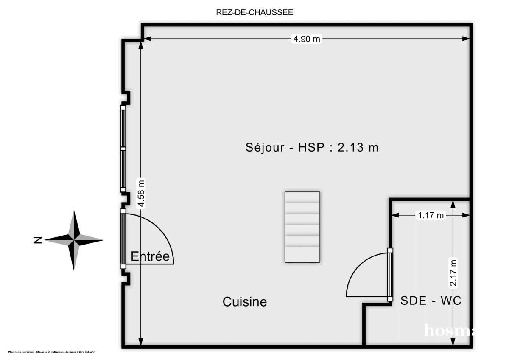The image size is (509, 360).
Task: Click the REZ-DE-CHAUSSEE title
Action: coord(255,12)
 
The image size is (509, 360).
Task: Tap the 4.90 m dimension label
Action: coord(306,39)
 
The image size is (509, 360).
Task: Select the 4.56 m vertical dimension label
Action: coord(141,194)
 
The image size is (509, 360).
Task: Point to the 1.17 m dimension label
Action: coord(431,215)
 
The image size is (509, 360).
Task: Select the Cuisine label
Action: coord(245,302)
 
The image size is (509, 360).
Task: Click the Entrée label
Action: coord(150,256)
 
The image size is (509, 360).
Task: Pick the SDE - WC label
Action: coord(431,301)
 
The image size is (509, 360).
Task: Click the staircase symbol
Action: coord(302,227)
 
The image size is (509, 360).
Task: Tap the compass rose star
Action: coord(74,240)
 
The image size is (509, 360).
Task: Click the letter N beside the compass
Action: coord(37,241)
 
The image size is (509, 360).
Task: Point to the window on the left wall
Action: coord(123,149)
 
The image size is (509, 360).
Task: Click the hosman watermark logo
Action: coord(447,330)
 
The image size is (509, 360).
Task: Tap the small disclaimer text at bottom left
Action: coord(52,352)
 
